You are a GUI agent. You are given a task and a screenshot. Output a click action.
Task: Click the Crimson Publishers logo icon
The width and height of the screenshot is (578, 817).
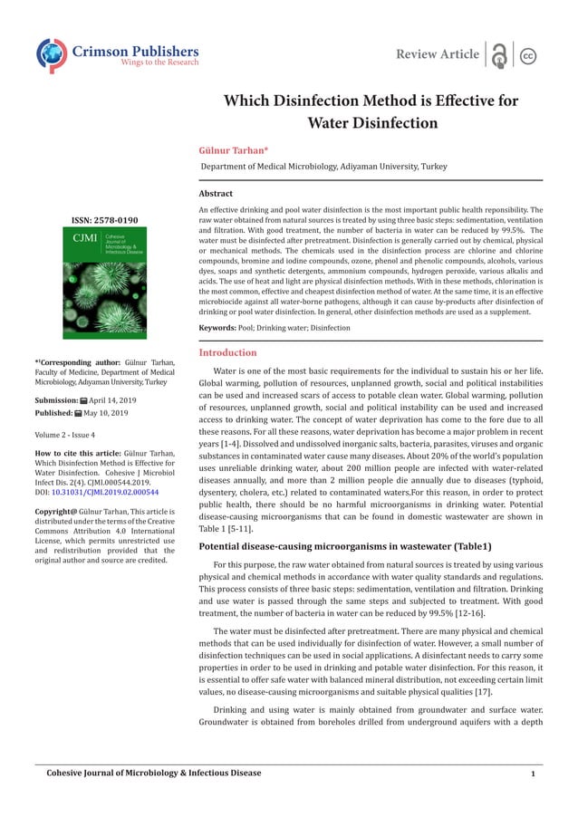pyautogui.click(x=52, y=54)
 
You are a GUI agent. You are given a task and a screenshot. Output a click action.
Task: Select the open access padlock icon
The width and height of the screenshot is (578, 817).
pyautogui.click(x=498, y=55)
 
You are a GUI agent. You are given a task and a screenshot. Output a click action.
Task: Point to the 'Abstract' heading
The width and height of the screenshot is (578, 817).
pyautogui.click(x=216, y=194)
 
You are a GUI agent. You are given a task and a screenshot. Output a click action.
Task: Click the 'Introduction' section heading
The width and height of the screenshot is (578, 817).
pyautogui.click(x=227, y=352)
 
